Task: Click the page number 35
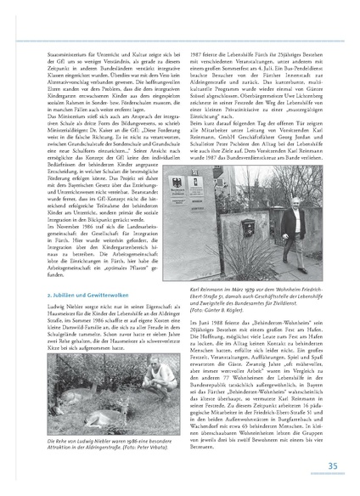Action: [333, 465]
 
